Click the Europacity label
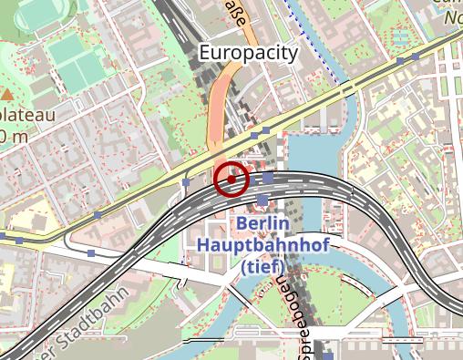click(248, 53)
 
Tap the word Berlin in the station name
click(262, 224)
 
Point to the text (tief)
click(262, 266)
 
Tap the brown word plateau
click(27, 116)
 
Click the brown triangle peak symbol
click(8, 94)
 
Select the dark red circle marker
click(231, 179)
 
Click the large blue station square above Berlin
click(263, 200)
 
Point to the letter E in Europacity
click(204, 53)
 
